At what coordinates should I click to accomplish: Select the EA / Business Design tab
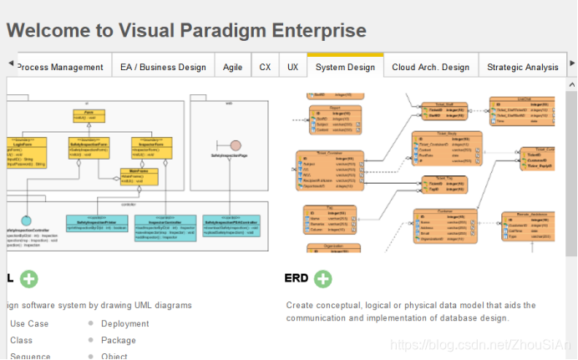pyautogui.click(x=163, y=67)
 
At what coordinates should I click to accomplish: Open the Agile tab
pyautogui.click(x=233, y=67)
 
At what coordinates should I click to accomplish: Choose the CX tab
pyautogui.click(x=265, y=67)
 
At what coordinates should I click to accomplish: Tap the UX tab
pyautogui.click(x=292, y=67)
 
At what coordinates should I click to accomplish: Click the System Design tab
pyautogui.click(x=345, y=67)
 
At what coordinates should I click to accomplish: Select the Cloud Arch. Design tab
pyautogui.click(x=430, y=67)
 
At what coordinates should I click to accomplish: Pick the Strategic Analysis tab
pyautogui.click(x=522, y=67)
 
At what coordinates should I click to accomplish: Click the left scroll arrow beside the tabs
pyautogui.click(x=10, y=63)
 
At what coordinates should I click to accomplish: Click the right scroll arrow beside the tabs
pyautogui.click(x=570, y=63)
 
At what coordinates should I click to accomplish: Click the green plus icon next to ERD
pyautogui.click(x=322, y=279)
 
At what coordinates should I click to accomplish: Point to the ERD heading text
pyautogui.click(x=297, y=279)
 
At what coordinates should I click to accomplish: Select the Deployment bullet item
pyautogui.click(x=125, y=324)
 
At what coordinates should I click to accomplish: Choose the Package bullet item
pyautogui.click(x=119, y=341)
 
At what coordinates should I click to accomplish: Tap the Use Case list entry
pyautogui.click(x=29, y=324)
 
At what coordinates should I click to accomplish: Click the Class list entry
pyautogui.click(x=22, y=341)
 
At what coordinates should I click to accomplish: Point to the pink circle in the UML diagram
pyautogui.click(x=236, y=145)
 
